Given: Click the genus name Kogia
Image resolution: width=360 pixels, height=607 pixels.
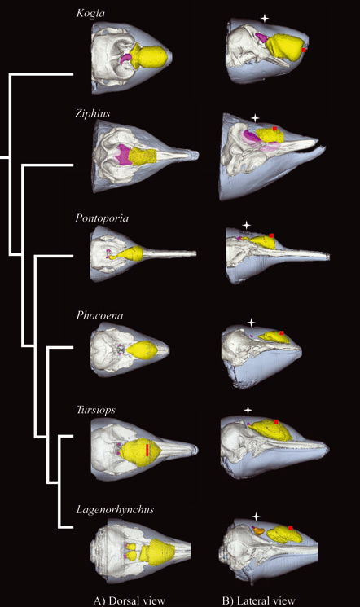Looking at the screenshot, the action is coord(90,13).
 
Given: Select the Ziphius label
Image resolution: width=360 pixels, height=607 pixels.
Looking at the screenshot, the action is coord(93,113).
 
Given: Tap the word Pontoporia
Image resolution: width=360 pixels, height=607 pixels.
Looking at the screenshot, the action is coord(102,218).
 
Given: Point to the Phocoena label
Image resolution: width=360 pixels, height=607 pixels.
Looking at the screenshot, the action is coord(99,315).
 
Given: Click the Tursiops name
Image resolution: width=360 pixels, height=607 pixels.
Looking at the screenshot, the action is coord(95,410).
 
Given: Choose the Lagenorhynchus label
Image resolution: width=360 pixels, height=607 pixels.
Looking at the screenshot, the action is coord(115,509).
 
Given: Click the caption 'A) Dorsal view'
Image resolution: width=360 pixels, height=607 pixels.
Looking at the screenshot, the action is coord(129,600).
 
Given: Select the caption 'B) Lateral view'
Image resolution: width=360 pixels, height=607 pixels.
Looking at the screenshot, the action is coord(258,600).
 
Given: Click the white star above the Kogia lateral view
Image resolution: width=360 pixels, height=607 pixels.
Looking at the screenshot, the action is coord(265,18).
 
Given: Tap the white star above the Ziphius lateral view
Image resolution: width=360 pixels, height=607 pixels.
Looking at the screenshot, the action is coord(255,118).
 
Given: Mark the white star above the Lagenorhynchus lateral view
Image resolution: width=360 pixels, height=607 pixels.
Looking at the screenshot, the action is coord(256,517).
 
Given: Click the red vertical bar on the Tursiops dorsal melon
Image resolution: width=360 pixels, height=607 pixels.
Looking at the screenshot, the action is coord(147,451).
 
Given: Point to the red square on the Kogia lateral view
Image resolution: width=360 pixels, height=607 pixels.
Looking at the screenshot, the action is coord(304,50).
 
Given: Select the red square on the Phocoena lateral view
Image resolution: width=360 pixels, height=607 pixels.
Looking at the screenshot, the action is coord(282,333).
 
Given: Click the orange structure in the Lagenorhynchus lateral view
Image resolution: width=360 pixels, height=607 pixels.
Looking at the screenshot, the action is coord(259,530).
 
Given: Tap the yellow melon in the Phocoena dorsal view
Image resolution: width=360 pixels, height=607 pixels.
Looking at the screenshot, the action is coord(142,350).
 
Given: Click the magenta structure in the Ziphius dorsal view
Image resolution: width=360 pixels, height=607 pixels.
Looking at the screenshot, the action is coord(125,155).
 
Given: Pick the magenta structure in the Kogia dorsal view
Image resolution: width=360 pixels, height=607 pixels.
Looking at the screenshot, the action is coord(127,59).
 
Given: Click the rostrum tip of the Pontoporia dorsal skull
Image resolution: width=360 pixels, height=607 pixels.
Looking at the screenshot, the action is coord(195,254).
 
